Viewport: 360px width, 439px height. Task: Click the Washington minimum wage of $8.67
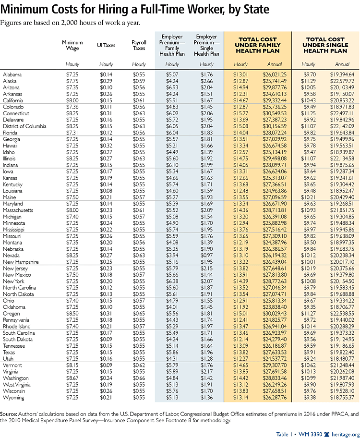[x=72, y=378]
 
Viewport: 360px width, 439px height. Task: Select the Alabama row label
[x=12, y=75]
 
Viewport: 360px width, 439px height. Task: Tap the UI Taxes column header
[x=106, y=45]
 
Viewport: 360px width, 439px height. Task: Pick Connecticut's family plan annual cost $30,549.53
[x=275, y=113]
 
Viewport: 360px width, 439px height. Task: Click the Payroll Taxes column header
[x=139, y=45]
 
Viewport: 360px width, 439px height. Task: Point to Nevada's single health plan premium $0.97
[x=206, y=256]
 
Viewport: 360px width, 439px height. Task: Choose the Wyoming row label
[x=13, y=398]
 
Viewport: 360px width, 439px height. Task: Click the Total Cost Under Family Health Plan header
[x=258, y=45]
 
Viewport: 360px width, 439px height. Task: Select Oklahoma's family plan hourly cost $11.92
[x=240, y=307]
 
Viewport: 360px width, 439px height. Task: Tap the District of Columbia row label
[x=24, y=126]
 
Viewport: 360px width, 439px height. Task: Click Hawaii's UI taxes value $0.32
[x=106, y=146]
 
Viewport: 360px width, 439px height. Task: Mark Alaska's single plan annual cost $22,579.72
[x=342, y=81]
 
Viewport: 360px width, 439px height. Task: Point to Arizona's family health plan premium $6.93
[x=172, y=87]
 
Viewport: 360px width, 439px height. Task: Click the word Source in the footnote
[x=9, y=414]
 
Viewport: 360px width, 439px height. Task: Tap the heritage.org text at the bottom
[x=345, y=434]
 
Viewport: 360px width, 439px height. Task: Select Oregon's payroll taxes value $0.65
[x=139, y=314]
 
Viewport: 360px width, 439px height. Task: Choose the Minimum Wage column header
[x=72, y=45]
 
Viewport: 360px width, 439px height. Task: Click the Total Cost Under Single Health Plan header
[x=325, y=45]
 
